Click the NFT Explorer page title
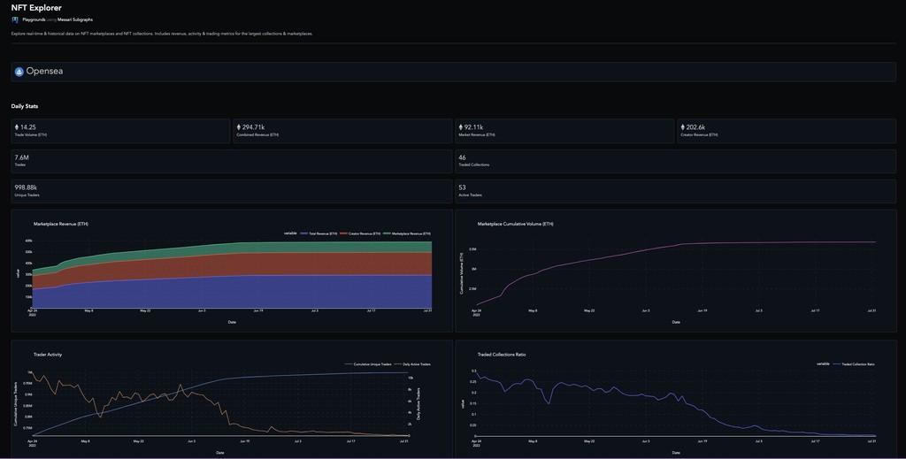pyautogui.click(x=36, y=8)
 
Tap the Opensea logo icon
pyautogui.click(x=19, y=72)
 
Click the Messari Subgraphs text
pyautogui.click(x=75, y=19)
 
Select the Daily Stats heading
pyautogui.click(x=25, y=106)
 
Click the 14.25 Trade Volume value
pyautogui.click(x=27, y=127)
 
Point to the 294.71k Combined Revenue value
pyautogui.click(x=256, y=127)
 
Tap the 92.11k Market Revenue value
pyautogui.click(x=475, y=127)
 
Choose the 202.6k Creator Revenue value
pyautogui.click(x=695, y=127)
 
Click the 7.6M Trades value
pyautogui.click(x=22, y=157)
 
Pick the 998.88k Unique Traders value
pyautogui.click(x=26, y=187)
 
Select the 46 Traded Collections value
pyautogui.click(x=463, y=157)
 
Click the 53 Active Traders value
pyautogui.click(x=463, y=187)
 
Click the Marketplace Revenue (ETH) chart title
pyautogui.click(x=61, y=224)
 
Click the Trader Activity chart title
pyautogui.click(x=48, y=355)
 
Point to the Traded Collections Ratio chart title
pyautogui.click(x=502, y=355)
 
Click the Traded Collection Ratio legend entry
pyautogui.click(x=856, y=363)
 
